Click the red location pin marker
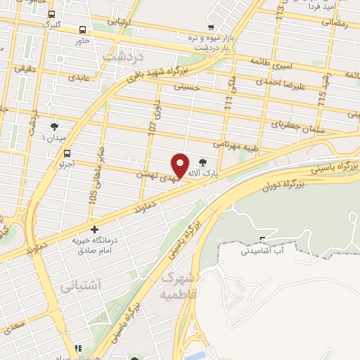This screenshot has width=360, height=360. (180, 166)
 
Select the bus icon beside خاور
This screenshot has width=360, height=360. (83, 30)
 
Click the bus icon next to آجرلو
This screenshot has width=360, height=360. (67, 153)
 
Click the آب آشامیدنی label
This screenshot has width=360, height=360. (264, 251)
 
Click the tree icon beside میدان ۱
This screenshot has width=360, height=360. (55, 126)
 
